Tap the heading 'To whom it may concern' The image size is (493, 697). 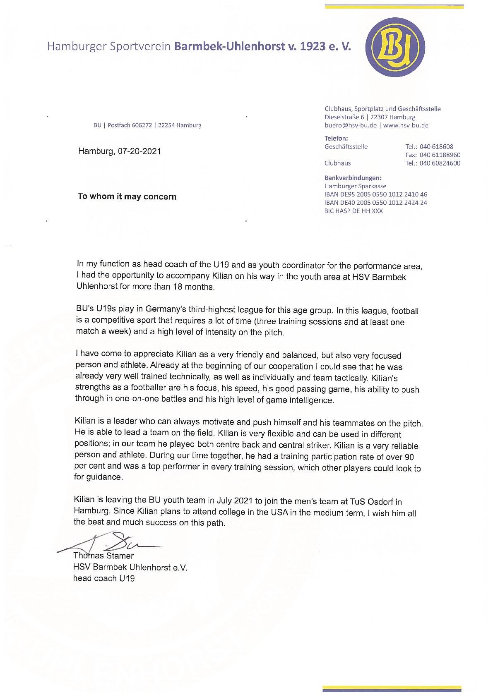pyautogui.click(x=127, y=196)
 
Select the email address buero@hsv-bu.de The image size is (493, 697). pyautogui.click(x=350, y=125)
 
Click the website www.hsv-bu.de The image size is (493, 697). pyautogui.click(x=406, y=125)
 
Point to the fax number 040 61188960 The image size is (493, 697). pyautogui.click(x=440, y=155)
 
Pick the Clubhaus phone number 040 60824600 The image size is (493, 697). pyautogui.click(x=440, y=163)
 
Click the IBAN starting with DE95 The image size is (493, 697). pyautogui.click(x=376, y=194)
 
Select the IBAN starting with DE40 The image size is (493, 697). pyautogui.click(x=376, y=203)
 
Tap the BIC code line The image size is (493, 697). pyautogui.click(x=354, y=211)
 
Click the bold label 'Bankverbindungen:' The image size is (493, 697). pyautogui.click(x=353, y=178)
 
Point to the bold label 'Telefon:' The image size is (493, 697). pyautogui.click(x=336, y=138)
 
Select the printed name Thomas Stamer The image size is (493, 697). pyautogui.click(x=103, y=556)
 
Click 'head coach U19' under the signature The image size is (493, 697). pyautogui.click(x=104, y=578)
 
